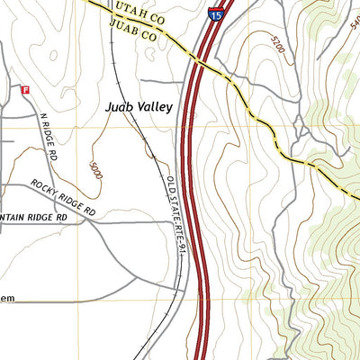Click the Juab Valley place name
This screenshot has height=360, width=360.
click(138, 106)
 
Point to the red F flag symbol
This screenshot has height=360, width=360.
click(25, 90)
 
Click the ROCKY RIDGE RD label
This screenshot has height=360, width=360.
click(63, 196)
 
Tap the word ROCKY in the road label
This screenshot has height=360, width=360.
click(45, 187)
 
